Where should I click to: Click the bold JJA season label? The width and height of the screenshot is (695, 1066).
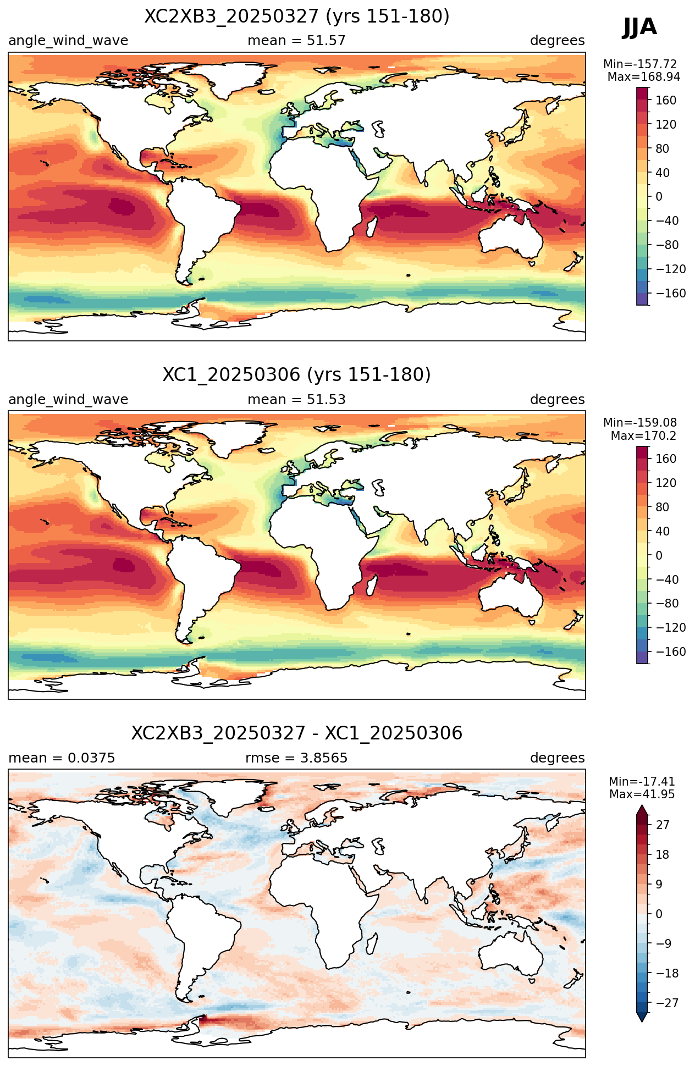coord(639,26)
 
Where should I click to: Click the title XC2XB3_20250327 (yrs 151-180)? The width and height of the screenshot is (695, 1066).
coord(297,16)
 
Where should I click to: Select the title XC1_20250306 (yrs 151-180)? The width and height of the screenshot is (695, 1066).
coord(297,375)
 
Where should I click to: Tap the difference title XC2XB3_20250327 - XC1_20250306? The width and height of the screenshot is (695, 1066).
coord(297,733)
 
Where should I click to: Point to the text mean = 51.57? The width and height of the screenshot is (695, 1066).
coord(297,41)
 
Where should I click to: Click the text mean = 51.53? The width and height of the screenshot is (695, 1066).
coord(297,399)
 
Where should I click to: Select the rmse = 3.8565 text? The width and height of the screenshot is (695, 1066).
coord(297,758)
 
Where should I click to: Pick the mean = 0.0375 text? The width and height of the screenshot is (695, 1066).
coord(62,758)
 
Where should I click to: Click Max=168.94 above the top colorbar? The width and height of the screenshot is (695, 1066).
coord(644,77)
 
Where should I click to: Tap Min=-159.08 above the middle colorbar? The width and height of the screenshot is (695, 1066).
coord(641,423)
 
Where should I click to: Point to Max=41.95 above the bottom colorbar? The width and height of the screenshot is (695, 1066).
coord(642,794)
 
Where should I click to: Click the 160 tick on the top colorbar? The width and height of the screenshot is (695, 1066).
coord(666,100)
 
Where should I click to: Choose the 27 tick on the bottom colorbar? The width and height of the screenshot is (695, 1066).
coord(663,825)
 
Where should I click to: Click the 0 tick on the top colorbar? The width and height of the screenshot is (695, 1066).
coord(659,196)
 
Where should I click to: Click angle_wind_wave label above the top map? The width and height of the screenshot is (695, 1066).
coord(68,41)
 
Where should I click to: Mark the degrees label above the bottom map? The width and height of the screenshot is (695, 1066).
coord(558,758)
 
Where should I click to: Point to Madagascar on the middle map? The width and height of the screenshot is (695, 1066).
coord(372,586)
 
